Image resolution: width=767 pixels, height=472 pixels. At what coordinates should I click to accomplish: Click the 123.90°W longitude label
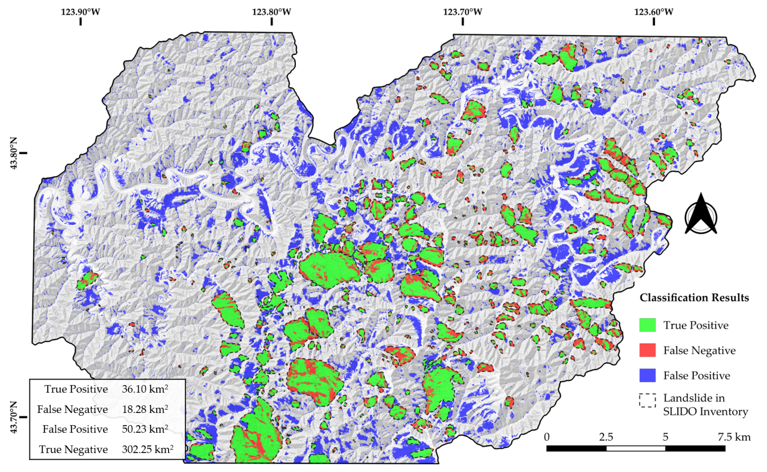[80, 12]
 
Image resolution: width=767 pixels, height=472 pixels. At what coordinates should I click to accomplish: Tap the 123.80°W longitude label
[272, 12]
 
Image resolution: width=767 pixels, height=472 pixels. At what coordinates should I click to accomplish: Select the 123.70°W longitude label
[463, 12]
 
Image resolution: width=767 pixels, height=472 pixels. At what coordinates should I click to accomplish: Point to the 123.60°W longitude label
[654, 12]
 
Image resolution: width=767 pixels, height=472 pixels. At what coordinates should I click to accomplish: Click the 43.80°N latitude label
[14, 153]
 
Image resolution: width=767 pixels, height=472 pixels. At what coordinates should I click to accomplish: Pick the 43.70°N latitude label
[14, 417]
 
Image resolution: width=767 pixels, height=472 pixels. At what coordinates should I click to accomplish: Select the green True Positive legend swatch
[647, 325]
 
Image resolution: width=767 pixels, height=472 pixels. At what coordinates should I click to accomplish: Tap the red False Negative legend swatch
[647, 350]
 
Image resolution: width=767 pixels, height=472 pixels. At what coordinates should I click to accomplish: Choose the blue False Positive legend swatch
[647, 375]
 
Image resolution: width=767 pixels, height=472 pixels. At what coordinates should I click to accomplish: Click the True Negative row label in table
[73, 449]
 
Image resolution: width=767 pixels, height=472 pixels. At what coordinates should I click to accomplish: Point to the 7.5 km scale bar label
[734, 437]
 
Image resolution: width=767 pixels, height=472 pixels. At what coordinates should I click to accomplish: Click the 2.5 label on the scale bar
[606, 437]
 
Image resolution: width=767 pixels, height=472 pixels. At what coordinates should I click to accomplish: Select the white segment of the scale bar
[635, 449]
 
